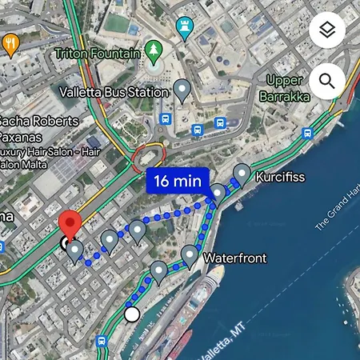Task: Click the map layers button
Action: (x=326, y=32)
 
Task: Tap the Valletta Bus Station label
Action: (x=114, y=92)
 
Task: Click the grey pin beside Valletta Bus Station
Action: (x=183, y=90)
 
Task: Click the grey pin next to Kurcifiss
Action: (x=242, y=173)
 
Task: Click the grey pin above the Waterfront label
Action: (x=190, y=255)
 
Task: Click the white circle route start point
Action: (x=132, y=314)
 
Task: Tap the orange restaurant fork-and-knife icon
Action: (x=10, y=44)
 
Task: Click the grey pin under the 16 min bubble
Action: (x=217, y=193)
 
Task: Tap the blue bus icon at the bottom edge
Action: (x=102, y=342)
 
